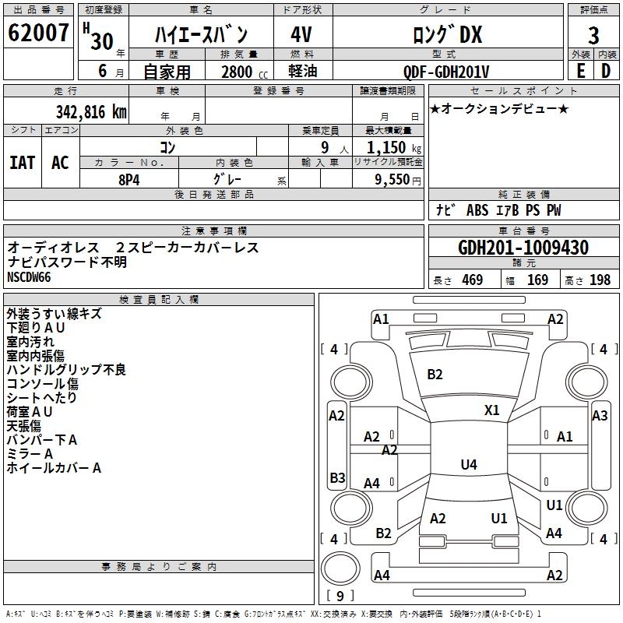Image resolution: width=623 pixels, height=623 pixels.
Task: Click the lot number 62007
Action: point(38,33)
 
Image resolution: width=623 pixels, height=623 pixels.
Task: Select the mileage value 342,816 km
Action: point(91,112)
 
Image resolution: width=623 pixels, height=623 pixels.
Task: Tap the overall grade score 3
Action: point(593,35)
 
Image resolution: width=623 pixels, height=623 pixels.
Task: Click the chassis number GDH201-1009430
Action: point(523,248)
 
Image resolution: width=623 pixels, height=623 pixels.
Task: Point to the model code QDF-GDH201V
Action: point(445,72)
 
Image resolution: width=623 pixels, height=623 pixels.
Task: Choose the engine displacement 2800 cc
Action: point(245,72)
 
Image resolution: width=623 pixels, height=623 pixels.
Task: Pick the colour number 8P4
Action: point(129,180)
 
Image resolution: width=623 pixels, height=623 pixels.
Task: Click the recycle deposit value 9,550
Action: point(392,180)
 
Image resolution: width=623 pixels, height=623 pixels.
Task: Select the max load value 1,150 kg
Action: point(394,148)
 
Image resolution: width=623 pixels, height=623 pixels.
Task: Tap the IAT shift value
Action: point(23,163)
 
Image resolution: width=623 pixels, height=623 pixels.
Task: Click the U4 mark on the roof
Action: point(469,464)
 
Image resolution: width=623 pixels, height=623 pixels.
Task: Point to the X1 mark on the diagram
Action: point(491,410)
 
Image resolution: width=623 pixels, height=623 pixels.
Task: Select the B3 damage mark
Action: point(337,477)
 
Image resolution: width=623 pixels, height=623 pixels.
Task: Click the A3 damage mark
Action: point(600,416)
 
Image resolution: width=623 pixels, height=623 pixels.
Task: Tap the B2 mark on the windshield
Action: point(435,375)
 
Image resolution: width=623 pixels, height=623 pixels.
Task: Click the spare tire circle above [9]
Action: point(340,568)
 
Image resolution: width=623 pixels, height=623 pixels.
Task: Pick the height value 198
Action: point(600,280)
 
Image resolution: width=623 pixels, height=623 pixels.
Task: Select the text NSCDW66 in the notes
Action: point(29,277)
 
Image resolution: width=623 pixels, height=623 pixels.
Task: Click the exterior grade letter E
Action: point(580,71)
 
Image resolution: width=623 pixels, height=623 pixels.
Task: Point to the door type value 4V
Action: point(301,34)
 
